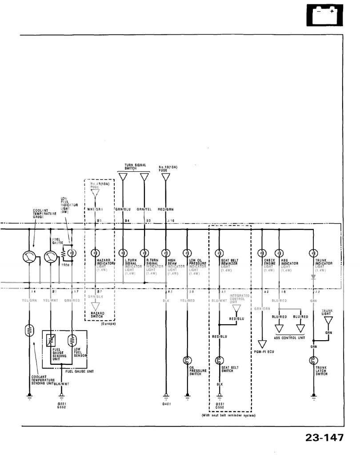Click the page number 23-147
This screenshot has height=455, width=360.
point(324,438)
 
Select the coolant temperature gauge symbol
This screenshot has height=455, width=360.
point(29,257)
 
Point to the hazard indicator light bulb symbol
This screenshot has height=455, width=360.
point(94,253)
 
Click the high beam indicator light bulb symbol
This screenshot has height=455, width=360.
point(165,253)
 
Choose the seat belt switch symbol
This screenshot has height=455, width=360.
point(220,360)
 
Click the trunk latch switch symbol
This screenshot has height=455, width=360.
point(314,360)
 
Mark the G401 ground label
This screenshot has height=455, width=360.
point(166,404)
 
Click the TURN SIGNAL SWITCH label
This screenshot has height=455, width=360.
point(132,166)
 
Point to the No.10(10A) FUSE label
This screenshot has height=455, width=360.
point(168,169)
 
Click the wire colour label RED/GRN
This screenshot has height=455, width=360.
point(165,209)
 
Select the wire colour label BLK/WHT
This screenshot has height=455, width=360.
point(62,383)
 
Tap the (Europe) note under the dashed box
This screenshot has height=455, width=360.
point(108,323)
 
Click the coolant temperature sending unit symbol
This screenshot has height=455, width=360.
point(29,331)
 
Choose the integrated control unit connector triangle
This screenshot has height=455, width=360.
point(236,308)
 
